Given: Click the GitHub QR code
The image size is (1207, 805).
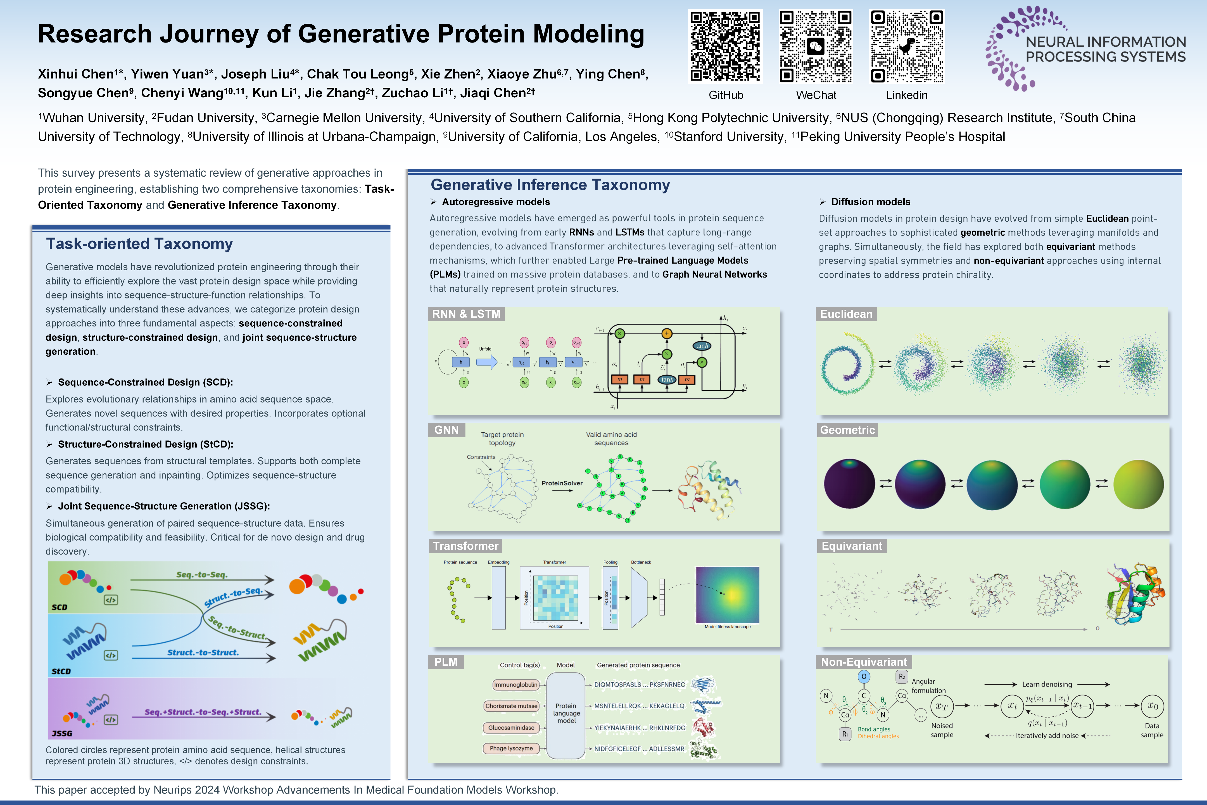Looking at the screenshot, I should pyautogui.click(x=725, y=46).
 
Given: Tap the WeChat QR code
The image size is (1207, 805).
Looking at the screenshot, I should pyautogui.click(x=816, y=46).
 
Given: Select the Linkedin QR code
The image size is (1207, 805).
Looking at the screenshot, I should pyautogui.click(x=907, y=46).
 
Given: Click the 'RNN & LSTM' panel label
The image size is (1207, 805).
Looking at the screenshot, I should pyautogui.click(x=466, y=314).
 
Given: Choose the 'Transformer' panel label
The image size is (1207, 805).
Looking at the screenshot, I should pyautogui.click(x=465, y=546).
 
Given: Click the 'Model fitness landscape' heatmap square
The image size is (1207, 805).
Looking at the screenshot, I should pyautogui.click(x=727, y=595).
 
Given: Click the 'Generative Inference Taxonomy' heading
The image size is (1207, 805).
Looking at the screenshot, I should pyautogui.click(x=550, y=185).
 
